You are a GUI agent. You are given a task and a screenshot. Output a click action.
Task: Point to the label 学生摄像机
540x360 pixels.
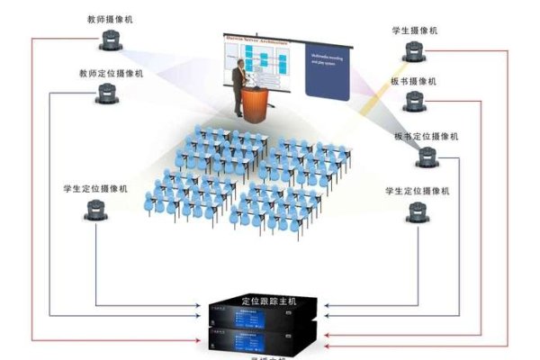pos(415,31)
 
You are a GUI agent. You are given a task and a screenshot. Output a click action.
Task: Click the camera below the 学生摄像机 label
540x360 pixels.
pos(414,51)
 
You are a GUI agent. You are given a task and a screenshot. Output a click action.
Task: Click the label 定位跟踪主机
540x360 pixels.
pos(269,301)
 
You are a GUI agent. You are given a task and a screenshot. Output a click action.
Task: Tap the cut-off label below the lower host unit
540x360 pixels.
pos(269,357)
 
